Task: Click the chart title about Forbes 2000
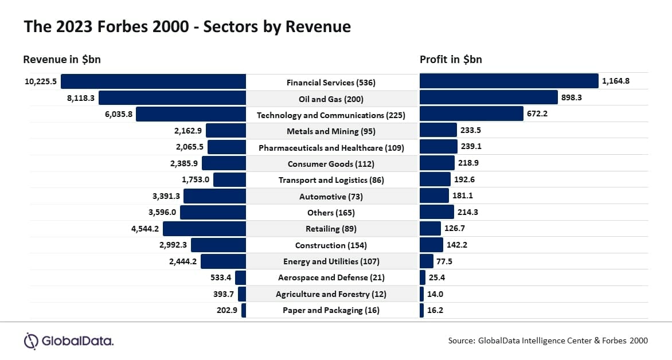tap(187, 26)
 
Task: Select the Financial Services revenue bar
tap(153, 82)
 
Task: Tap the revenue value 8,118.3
tap(81, 98)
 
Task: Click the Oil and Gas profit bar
tap(489, 98)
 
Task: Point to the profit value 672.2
tap(537, 114)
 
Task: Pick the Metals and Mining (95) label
tap(331, 131)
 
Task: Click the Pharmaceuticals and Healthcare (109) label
tap(331, 148)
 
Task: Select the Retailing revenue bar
tap(204, 229)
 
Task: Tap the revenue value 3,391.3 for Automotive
tap(166, 196)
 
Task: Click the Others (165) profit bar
tap(436, 212)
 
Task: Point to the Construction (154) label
tap(331, 245)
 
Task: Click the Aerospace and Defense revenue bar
tap(240, 277)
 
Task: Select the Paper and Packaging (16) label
tap(331, 310)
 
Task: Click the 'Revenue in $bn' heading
tap(62, 60)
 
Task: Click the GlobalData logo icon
tap(31, 341)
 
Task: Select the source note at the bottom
tap(548, 341)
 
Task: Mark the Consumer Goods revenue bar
tap(224, 163)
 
